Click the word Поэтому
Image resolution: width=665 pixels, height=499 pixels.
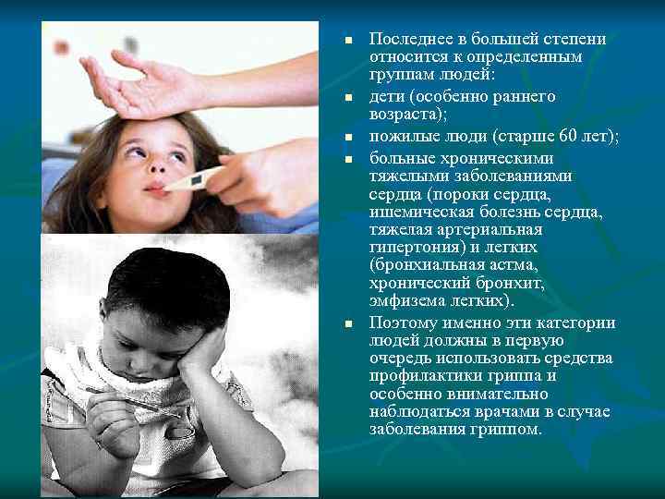coord(401,323)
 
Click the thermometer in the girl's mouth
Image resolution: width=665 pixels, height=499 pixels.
coord(195,178)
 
